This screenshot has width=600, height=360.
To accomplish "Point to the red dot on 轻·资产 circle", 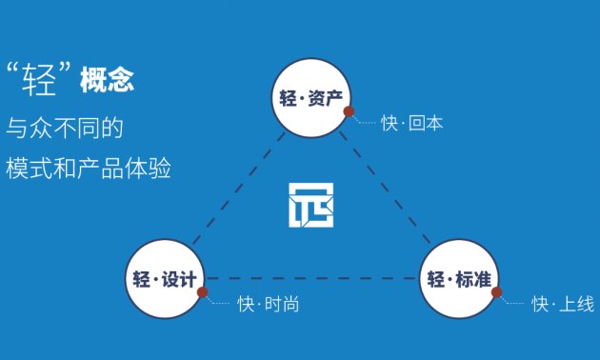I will [349, 111].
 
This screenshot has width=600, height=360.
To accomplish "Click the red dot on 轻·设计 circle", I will [202, 293].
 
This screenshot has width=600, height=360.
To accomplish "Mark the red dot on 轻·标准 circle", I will [496, 292].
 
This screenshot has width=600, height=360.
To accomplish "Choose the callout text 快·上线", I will [562, 305].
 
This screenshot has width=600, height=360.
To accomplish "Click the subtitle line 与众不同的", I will [66, 127].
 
